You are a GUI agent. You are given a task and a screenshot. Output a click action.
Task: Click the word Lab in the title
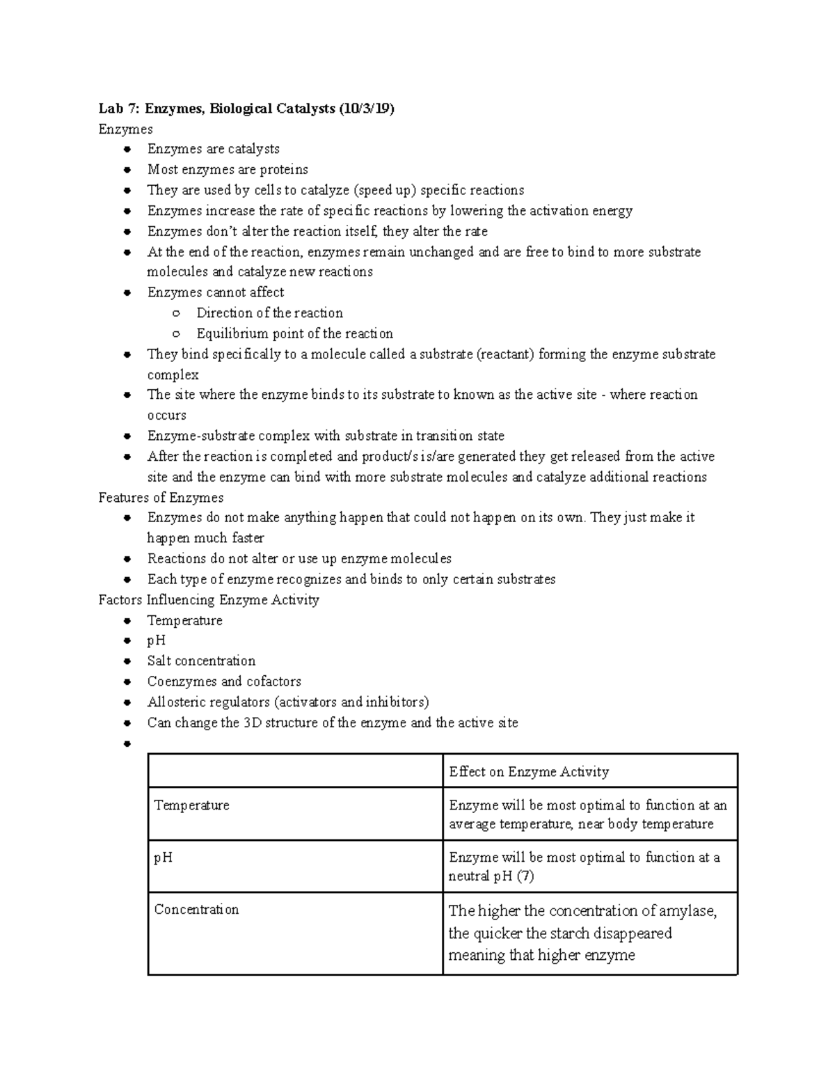pos(110,109)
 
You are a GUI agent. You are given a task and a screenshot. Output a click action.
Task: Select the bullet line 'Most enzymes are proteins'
pos(228,170)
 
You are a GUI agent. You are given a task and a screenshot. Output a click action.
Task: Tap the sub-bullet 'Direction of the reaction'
pos(269,313)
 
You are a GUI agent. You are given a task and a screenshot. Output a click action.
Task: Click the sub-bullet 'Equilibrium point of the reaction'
pos(294,333)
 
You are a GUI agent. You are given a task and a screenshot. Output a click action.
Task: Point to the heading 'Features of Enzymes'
pos(161,498)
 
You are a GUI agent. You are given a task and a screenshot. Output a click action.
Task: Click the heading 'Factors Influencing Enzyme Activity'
pos(209,600)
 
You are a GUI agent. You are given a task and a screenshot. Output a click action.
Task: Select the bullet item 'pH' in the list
pos(157,640)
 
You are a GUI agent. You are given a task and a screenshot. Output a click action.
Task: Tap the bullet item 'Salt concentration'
pos(201,661)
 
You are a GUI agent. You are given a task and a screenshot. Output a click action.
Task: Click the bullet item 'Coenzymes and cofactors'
pos(224,681)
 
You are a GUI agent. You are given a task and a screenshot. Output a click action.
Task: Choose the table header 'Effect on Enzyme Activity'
pos(529,771)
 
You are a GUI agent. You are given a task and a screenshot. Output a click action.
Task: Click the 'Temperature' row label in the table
pos(191,805)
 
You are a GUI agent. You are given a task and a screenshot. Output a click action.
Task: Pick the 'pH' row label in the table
pos(163,858)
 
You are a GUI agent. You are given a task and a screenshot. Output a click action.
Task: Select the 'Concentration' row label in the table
pos(196,910)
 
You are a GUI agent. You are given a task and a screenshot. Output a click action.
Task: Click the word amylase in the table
pos(687,911)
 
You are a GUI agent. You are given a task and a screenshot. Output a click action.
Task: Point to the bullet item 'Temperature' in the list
pos(184,620)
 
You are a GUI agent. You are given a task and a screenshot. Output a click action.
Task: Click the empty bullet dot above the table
pos(127,743)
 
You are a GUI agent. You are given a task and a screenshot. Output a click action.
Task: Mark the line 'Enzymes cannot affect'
pos(216,292)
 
